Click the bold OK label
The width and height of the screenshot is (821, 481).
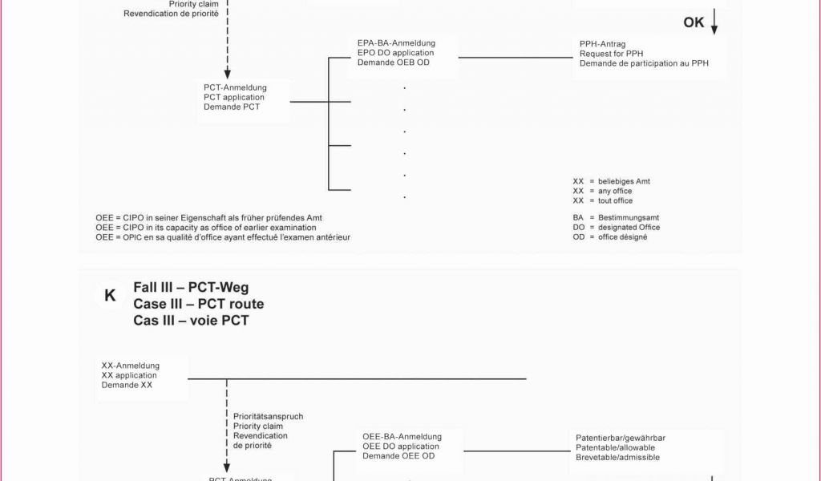click(x=694, y=22)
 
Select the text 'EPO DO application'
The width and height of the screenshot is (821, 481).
click(x=395, y=53)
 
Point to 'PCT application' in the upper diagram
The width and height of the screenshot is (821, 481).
click(x=234, y=97)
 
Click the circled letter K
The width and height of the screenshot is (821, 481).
click(x=110, y=296)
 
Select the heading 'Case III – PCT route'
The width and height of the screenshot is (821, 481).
click(x=198, y=305)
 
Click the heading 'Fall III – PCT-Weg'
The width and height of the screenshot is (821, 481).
click(x=191, y=288)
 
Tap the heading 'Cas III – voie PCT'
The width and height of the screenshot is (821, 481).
click(x=191, y=321)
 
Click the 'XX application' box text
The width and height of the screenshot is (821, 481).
click(x=129, y=375)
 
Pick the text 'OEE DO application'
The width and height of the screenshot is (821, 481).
click(x=400, y=447)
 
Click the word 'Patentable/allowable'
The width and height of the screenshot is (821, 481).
click(x=615, y=447)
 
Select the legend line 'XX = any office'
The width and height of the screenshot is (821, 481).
click(x=602, y=191)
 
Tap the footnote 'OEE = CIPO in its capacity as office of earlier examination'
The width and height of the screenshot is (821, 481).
click(x=206, y=228)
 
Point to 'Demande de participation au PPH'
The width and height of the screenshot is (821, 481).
click(x=644, y=63)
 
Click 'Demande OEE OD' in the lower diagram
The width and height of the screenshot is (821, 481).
click(x=398, y=456)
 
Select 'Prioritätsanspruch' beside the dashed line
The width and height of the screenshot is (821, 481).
click(x=268, y=417)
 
